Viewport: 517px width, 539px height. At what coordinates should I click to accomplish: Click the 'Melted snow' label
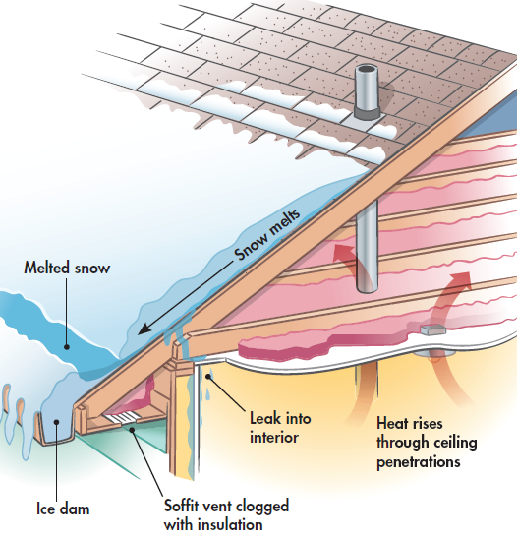pyautogui.click(x=67, y=268)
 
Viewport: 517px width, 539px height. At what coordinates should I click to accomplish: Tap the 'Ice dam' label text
pyautogui.click(x=63, y=509)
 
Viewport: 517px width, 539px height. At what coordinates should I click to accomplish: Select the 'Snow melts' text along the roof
pyautogui.click(x=267, y=235)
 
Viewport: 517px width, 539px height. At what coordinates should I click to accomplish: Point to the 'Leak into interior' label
pyautogui.click(x=280, y=428)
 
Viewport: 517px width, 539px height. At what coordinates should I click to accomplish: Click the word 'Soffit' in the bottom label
pyautogui.click(x=181, y=506)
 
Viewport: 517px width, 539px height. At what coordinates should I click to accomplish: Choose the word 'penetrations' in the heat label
pyautogui.click(x=418, y=462)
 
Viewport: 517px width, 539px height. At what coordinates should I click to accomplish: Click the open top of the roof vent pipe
pyautogui.click(x=367, y=69)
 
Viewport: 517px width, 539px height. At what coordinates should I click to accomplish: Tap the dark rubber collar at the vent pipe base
pyautogui.click(x=367, y=113)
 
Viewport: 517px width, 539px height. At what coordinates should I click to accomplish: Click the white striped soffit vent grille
pyautogui.click(x=122, y=418)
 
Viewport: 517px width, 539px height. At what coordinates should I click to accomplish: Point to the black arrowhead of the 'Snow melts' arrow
pyautogui.click(x=144, y=329)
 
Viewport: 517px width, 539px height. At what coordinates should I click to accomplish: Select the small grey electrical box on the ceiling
pyautogui.click(x=433, y=329)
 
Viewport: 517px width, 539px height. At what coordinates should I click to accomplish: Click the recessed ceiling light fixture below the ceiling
pyautogui.click(x=431, y=353)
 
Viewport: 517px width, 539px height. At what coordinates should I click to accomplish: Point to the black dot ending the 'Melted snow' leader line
pyautogui.click(x=67, y=347)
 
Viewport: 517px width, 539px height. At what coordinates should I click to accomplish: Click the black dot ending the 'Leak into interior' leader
pyautogui.click(x=208, y=377)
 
